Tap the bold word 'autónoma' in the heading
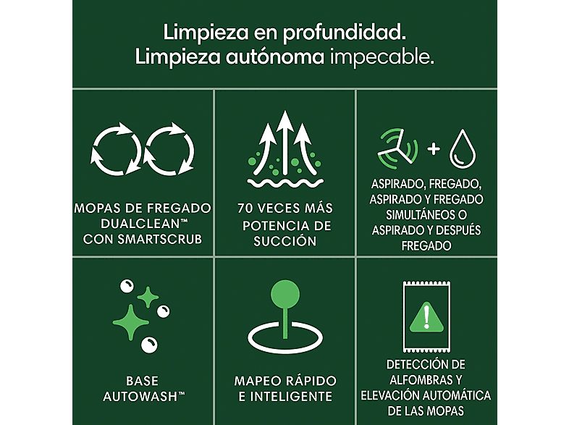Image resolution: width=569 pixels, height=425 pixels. pyautogui.click(x=274, y=57)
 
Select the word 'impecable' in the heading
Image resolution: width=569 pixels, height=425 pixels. pyautogui.click(x=382, y=58)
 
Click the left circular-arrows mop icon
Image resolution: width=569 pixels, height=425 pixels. pyautogui.click(x=115, y=149)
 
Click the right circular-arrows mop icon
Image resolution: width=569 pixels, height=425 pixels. pyautogui.click(x=169, y=149)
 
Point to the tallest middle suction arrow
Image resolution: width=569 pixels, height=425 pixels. pyautogui.click(x=285, y=143)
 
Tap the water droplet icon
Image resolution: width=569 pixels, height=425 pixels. pyautogui.click(x=463, y=149)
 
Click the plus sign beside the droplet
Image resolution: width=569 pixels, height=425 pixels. pyautogui.click(x=434, y=148)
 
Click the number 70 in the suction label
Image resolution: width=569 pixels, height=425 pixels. pyautogui.click(x=245, y=209)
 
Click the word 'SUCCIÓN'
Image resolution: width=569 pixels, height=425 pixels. pyautogui.click(x=285, y=241)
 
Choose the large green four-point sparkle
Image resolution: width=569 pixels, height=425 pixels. pyautogui.click(x=130, y=323)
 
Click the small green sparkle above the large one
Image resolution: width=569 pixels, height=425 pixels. pyautogui.click(x=148, y=298)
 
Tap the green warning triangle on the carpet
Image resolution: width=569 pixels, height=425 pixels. pyautogui.click(x=426, y=317)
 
